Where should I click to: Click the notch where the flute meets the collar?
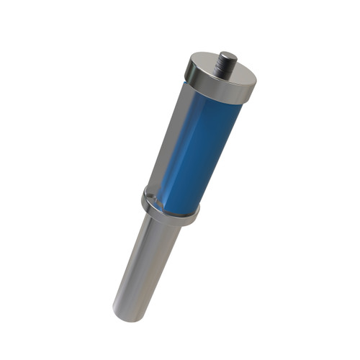point(148,192)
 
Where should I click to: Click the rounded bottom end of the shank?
point(126,313)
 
